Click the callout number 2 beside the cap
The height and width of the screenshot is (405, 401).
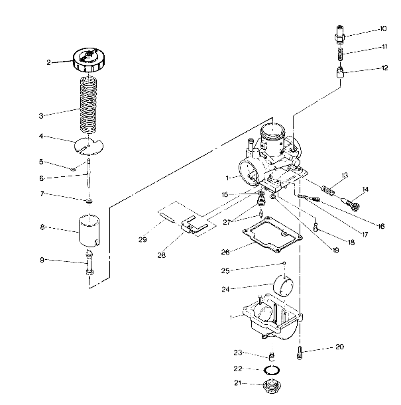pyautogui.click(x=49, y=62)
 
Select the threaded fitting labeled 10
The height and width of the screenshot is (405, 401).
pyautogui.click(x=339, y=30)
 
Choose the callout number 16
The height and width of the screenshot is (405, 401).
pyautogui.click(x=381, y=226)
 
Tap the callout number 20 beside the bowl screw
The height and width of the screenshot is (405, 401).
pyautogui.click(x=339, y=347)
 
